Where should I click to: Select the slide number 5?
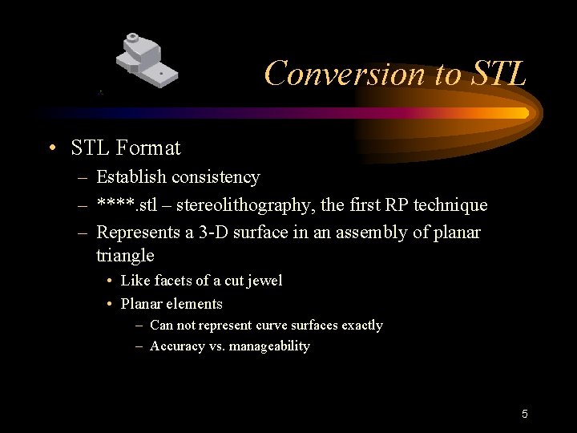point(524,414)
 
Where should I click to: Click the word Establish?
point(128,177)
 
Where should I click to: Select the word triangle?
point(125,256)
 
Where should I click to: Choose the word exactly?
point(361,326)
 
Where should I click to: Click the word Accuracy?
point(177,346)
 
